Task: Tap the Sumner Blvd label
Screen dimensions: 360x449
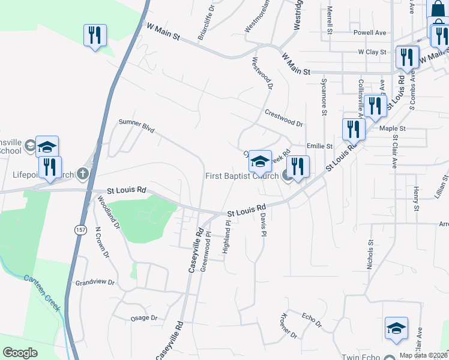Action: pyautogui.click(x=136, y=125)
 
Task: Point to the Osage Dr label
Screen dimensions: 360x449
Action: pyautogui.click(x=143, y=318)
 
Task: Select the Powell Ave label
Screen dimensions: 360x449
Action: pyautogui.click(x=370, y=32)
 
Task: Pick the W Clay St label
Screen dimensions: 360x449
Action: pyautogui.click(x=372, y=52)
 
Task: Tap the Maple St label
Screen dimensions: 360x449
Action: pyautogui.click(x=393, y=128)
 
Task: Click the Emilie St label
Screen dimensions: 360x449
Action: pyautogui.click(x=319, y=146)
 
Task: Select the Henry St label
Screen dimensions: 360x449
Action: pyautogui.click(x=416, y=199)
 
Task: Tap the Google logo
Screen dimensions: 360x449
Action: pyautogui.click(x=20, y=352)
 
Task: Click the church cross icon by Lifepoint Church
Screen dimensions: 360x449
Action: pyautogui.click(x=83, y=175)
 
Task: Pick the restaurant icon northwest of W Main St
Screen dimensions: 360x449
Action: pyautogui.click(x=95, y=35)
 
